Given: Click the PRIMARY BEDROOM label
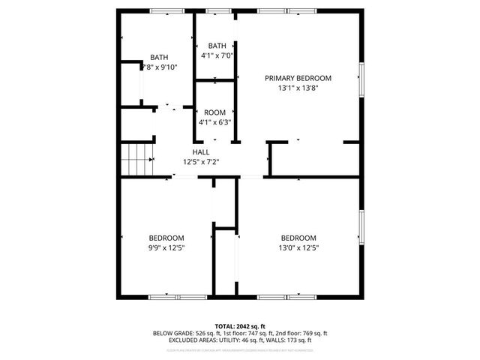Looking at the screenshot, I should click(x=298, y=77).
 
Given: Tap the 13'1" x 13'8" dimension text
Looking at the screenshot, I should click(x=298, y=87).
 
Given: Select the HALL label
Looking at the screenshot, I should click(x=200, y=151).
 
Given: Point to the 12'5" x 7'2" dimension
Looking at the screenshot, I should click(x=200, y=161).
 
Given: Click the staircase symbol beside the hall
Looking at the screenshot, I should click(x=136, y=160).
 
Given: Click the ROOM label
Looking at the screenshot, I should click(x=215, y=112).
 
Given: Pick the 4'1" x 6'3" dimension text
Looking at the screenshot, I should click(x=215, y=122).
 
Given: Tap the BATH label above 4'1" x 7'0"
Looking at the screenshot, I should click(x=217, y=45).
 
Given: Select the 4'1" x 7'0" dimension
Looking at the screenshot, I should click(x=217, y=55).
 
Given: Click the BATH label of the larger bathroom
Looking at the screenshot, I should click(x=159, y=57).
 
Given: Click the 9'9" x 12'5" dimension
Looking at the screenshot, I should click(x=166, y=247).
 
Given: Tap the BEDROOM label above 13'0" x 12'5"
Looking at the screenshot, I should click(x=298, y=238).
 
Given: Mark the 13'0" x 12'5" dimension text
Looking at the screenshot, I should click(x=298, y=247).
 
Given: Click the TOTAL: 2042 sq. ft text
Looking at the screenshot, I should click(x=240, y=326).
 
